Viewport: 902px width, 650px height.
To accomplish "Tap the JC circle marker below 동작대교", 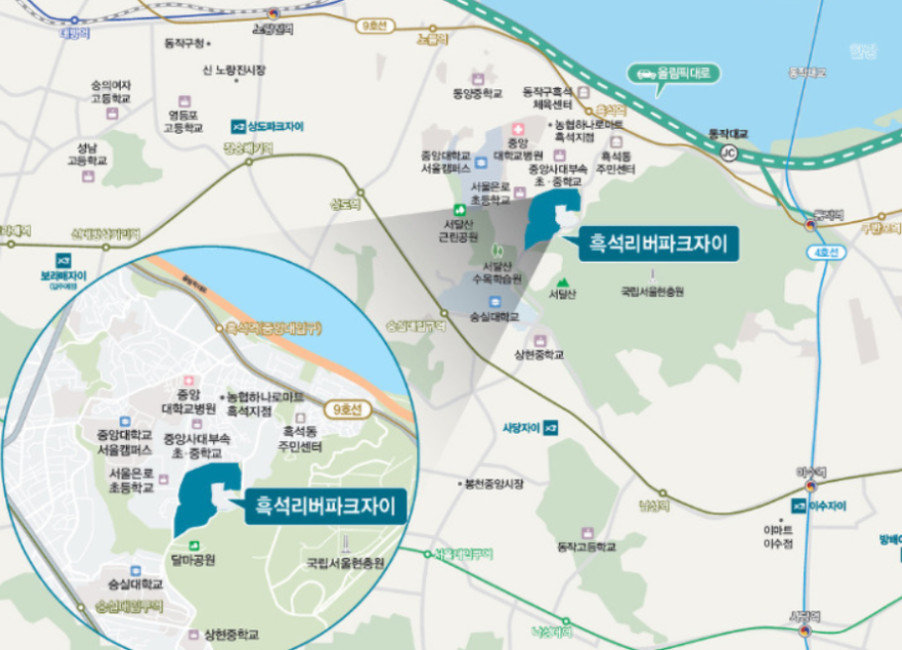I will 729,153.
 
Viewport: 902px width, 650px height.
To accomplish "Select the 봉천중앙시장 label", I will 494,484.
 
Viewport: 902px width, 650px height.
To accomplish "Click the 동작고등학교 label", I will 587,546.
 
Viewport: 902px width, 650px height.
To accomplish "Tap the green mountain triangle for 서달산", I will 562,279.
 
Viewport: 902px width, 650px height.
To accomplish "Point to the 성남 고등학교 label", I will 86,155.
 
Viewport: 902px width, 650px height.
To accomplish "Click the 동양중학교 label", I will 477,93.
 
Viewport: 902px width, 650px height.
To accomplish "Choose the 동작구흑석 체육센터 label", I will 547,97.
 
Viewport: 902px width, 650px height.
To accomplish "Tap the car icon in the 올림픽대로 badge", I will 645,73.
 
